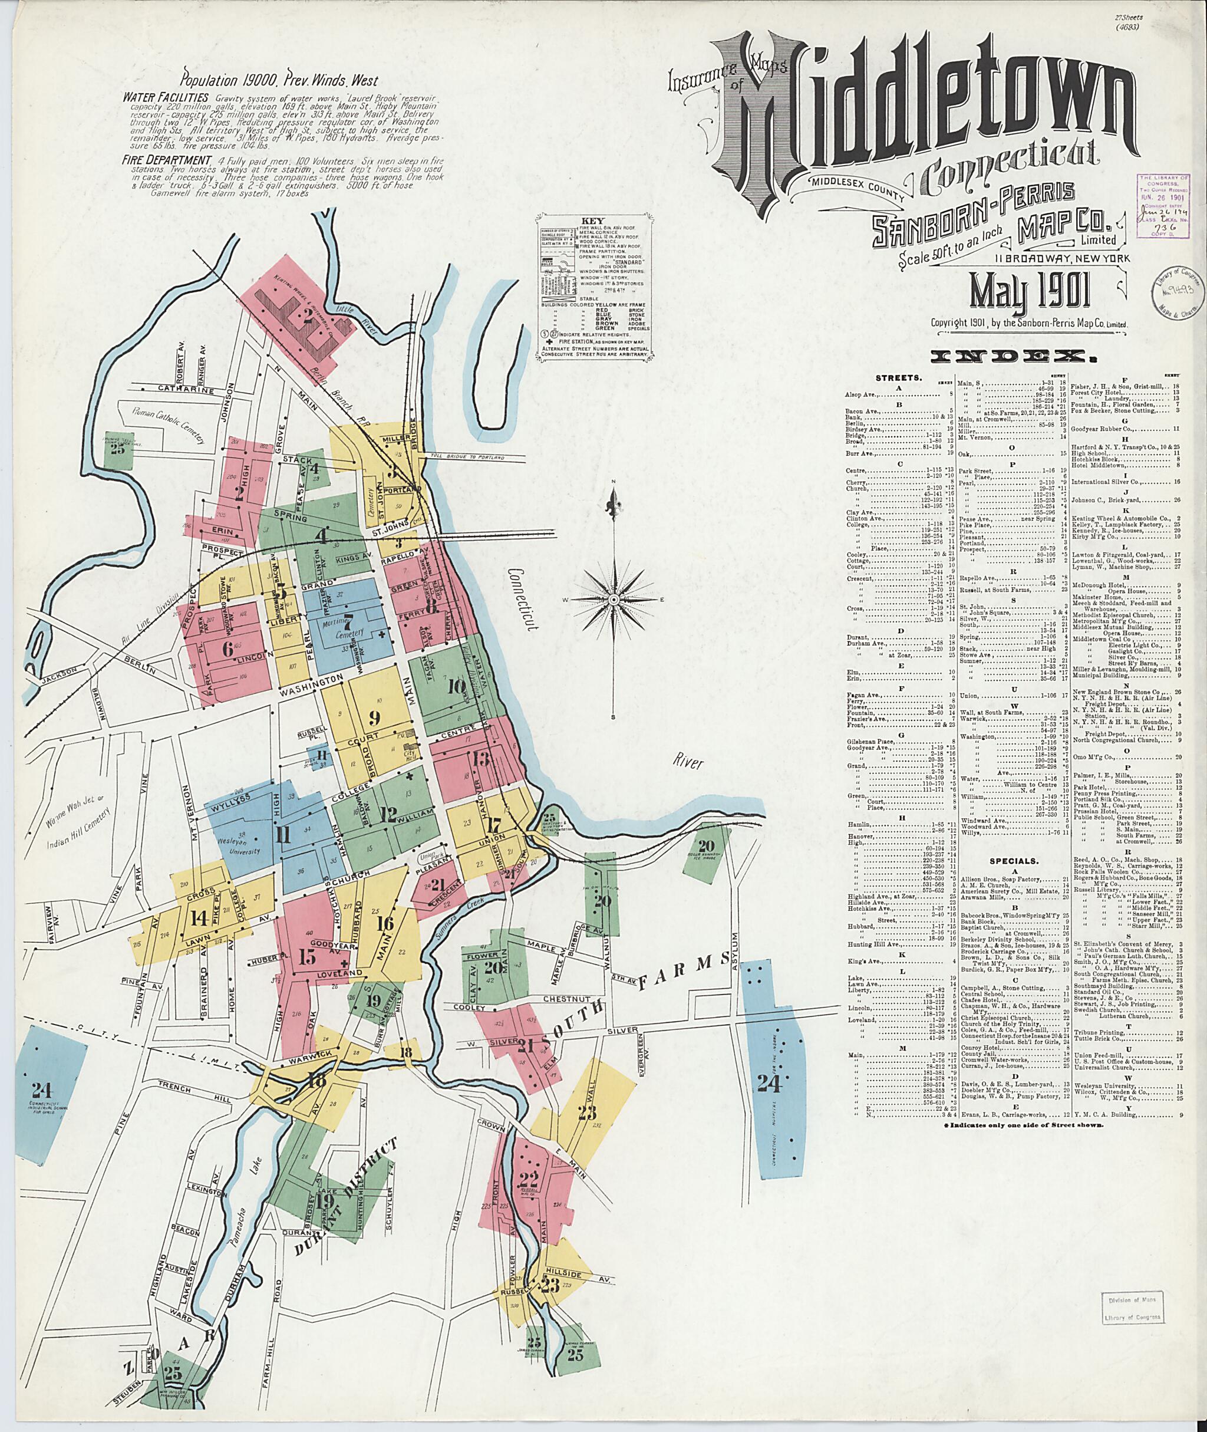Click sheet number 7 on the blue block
coord(347,623)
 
